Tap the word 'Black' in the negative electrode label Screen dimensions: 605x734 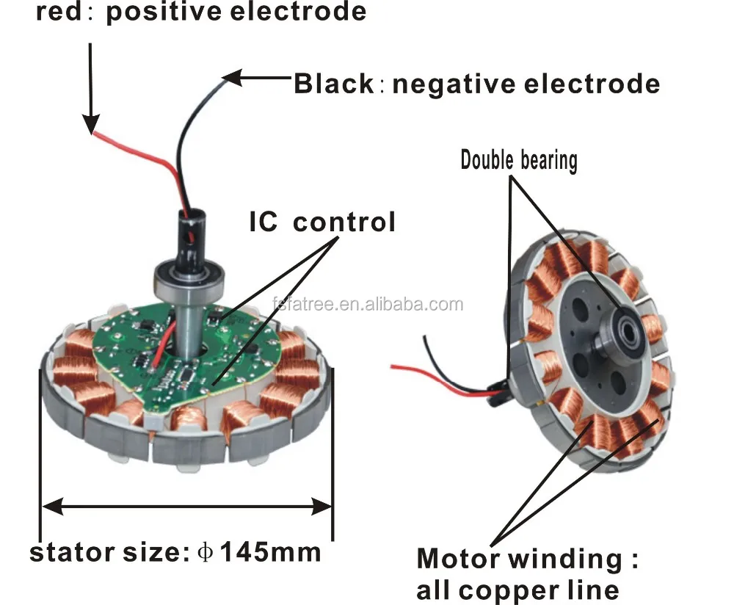[334, 84]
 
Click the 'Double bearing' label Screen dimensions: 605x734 [518, 159]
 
